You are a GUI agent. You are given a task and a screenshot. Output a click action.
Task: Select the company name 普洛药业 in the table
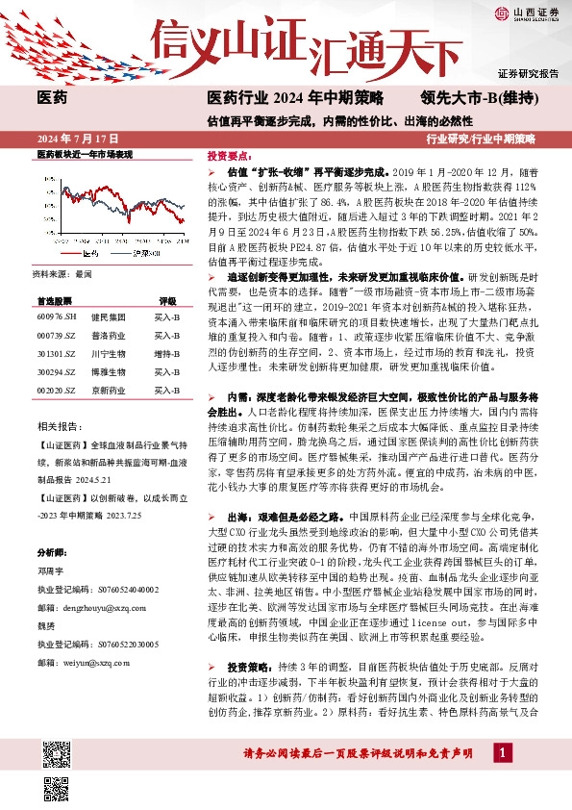tap(108, 334)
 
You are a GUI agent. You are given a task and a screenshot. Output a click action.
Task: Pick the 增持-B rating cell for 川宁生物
tap(167, 352)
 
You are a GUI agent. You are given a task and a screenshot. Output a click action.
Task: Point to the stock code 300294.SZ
tap(56, 370)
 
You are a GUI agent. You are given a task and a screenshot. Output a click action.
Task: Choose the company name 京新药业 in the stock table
tap(108, 390)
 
